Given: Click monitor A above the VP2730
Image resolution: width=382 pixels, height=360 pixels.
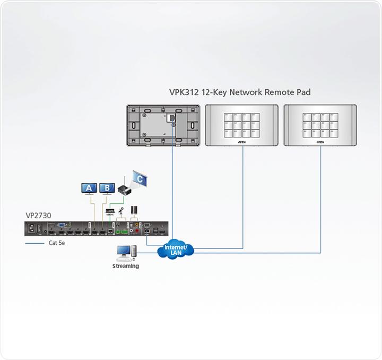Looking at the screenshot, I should click(89, 188).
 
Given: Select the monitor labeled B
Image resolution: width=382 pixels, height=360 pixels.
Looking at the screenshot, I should click(107, 188).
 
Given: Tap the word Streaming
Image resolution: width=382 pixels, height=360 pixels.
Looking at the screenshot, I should click(126, 266).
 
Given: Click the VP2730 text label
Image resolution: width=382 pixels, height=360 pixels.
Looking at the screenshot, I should click(39, 216).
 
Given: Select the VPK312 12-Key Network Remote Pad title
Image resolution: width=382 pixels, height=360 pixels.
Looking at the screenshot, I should click(239, 92).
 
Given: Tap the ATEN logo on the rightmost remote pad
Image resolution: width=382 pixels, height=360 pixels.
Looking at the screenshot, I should click(320, 142).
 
